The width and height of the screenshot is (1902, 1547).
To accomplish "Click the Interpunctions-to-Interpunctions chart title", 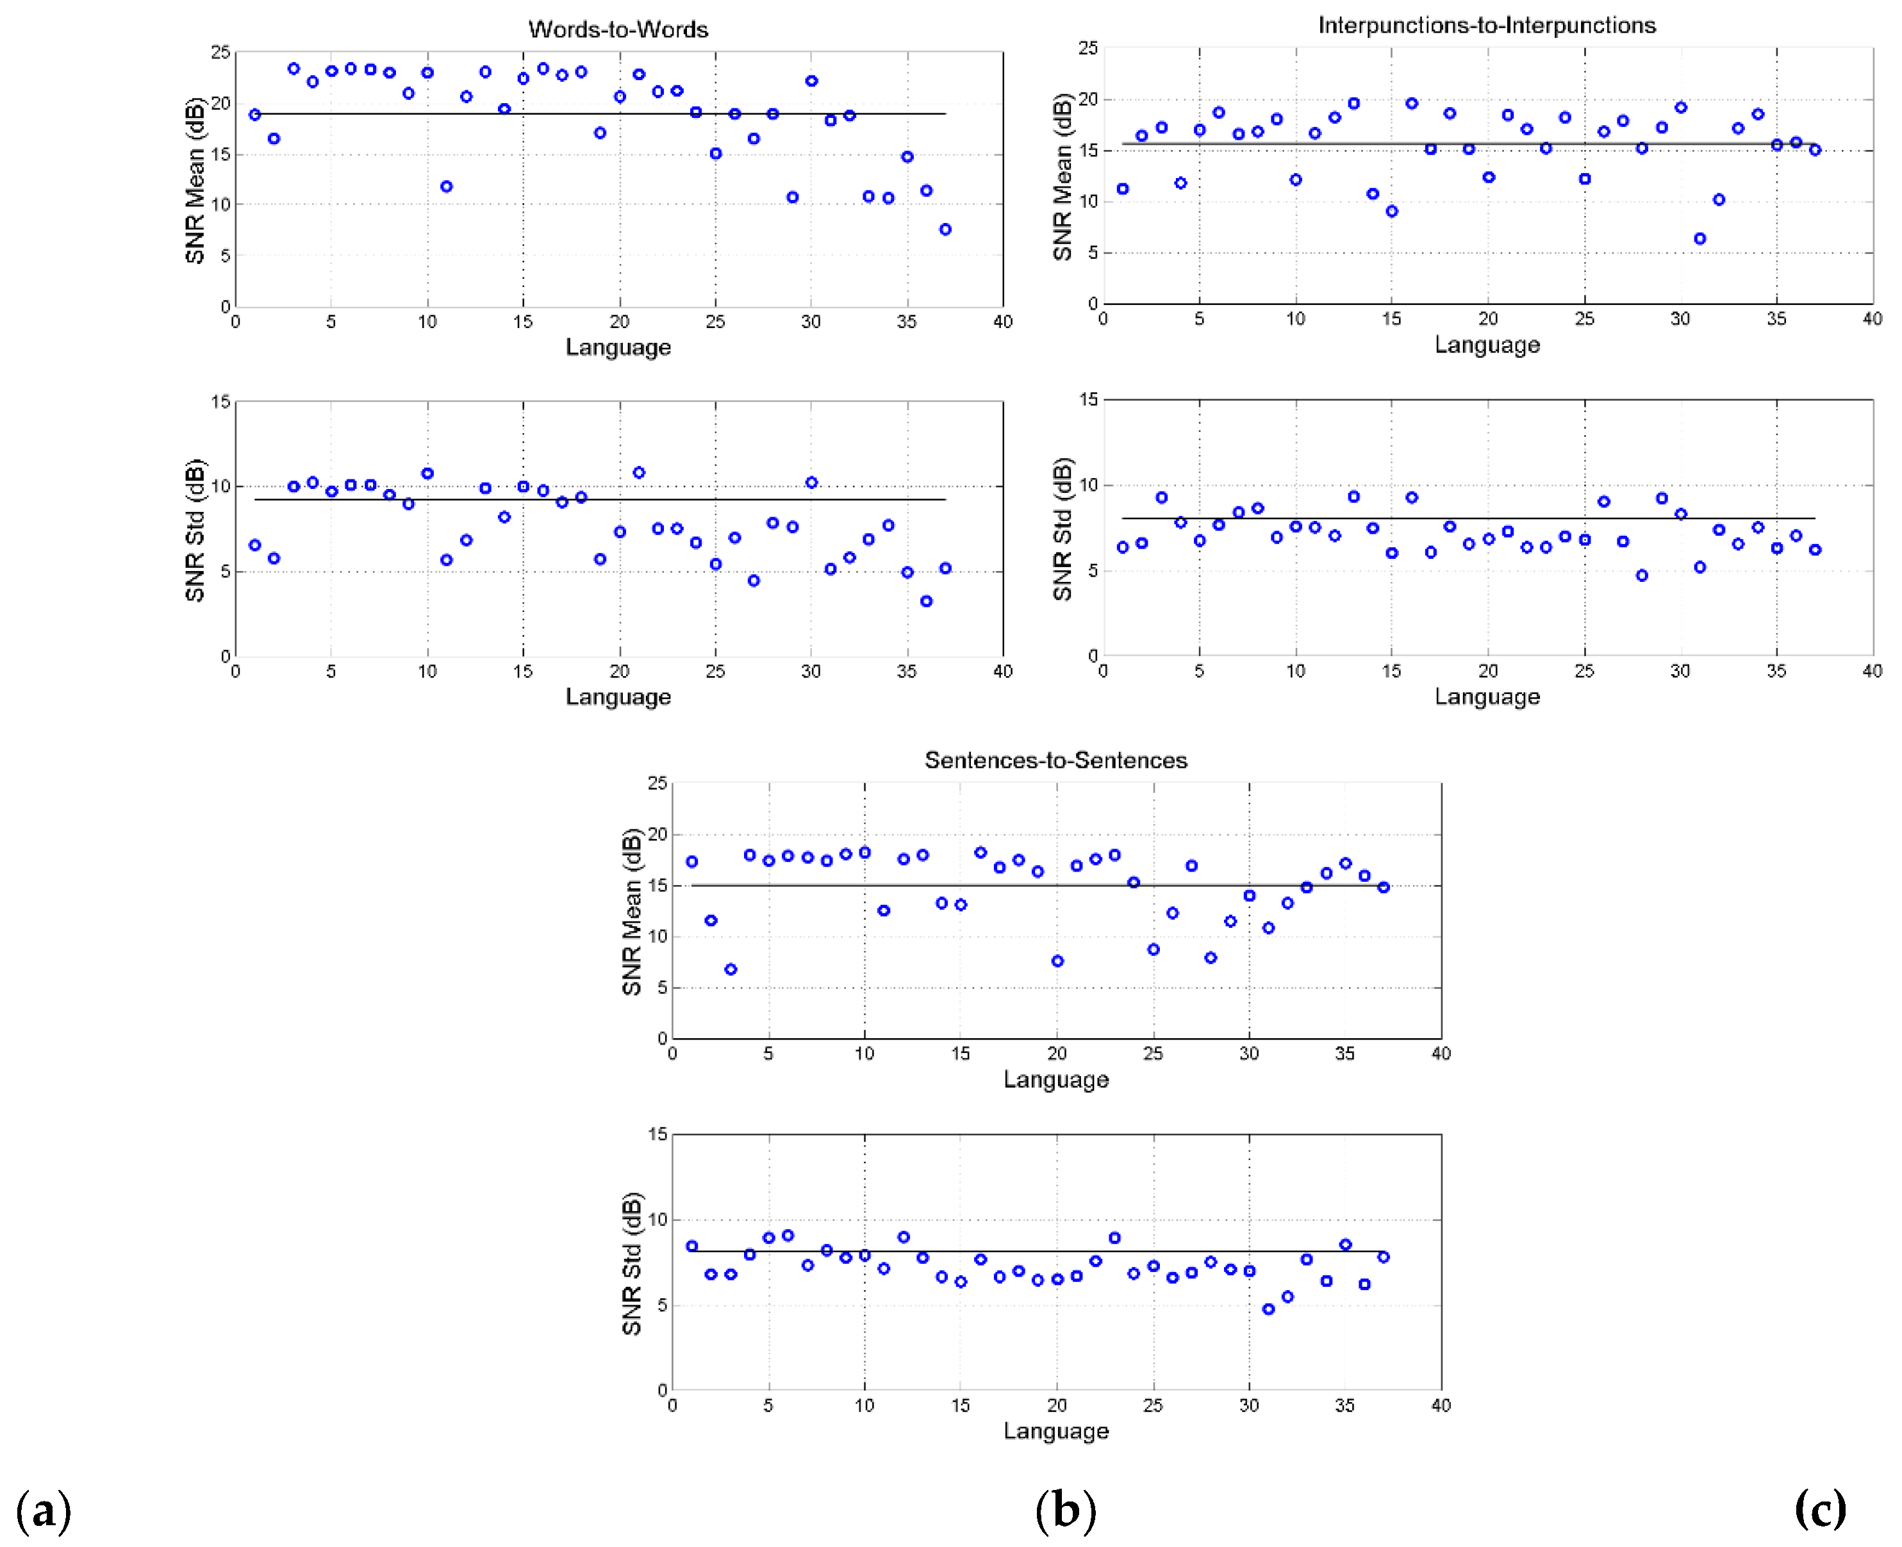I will pyautogui.click(x=1486, y=25).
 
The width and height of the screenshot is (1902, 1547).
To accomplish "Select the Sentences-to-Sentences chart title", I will pyautogui.click(x=1055, y=760).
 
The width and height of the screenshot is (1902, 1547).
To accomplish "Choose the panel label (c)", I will pyautogui.click(x=1820, y=1509).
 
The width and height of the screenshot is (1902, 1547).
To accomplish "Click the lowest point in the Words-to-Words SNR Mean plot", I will pyautogui.click(x=945, y=229).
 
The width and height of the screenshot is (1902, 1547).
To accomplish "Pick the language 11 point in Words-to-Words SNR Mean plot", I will pyautogui.click(x=446, y=186).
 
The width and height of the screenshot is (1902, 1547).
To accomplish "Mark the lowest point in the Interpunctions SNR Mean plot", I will pyautogui.click(x=1699, y=239).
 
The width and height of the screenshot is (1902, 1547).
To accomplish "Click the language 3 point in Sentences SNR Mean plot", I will pyautogui.click(x=731, y=970).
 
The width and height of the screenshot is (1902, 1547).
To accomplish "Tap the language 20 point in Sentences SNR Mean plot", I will pyautogui.click(x=1057, y=961).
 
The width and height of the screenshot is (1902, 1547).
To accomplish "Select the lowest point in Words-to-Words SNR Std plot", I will pyautogui.click(x=927, y=602).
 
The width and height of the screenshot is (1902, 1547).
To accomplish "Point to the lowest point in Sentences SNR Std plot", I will pyautogui.click(x=1269, y=1309).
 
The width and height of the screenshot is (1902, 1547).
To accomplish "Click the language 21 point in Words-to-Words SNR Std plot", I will pyautogui.click(x=639, y=472).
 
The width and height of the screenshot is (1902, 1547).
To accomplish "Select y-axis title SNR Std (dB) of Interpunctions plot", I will pyautogui.click(x=1062, y=529).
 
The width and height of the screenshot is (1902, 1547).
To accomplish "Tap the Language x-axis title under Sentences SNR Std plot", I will pyautogui.click(x=1055, y=1430).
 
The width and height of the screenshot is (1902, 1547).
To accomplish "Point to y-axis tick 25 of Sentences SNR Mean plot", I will pyautogui.click(x=657, y=783).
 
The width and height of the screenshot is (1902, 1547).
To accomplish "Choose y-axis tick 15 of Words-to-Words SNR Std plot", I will pyautogui.click(x=220, y=402).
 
